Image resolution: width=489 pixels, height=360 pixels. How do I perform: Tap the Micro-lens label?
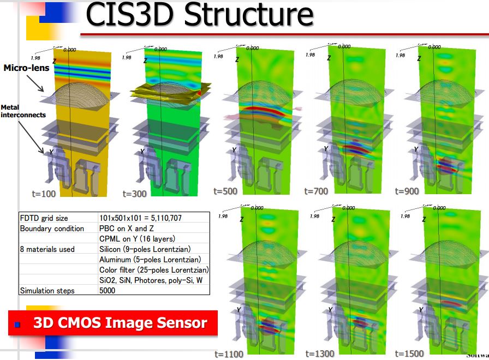26,68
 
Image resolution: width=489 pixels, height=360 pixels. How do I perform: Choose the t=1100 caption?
229,354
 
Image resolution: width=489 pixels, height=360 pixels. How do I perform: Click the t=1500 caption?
409,353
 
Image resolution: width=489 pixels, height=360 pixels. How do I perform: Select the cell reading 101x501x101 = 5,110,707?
140,218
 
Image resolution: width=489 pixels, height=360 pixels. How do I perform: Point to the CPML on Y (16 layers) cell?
137,239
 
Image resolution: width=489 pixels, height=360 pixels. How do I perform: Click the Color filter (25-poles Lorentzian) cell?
154,270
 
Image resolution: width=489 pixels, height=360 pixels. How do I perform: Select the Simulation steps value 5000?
108,291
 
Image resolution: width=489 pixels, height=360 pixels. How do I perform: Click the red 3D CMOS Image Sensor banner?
114,323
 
